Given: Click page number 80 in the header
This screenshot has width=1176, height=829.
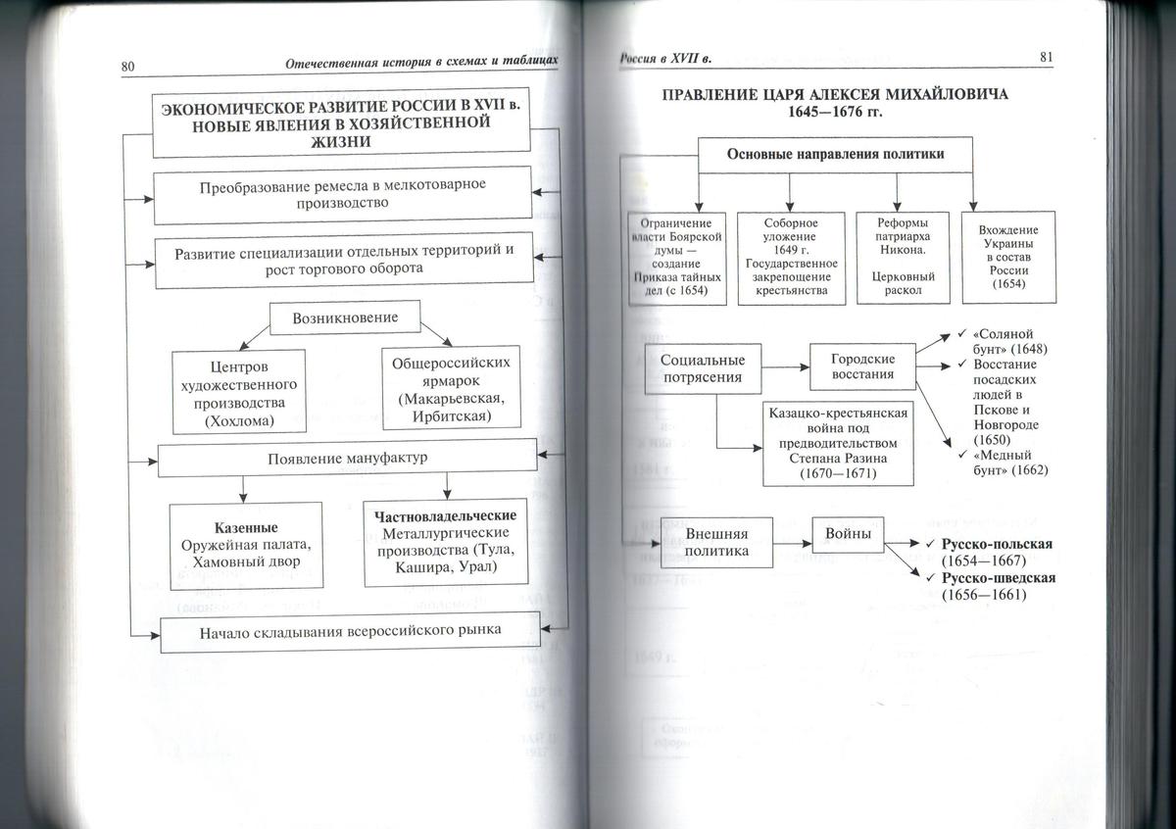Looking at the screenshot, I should tap(128, 67).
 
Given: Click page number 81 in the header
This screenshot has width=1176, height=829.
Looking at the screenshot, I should tap(1046, 58).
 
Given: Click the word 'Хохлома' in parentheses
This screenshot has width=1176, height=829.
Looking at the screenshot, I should tap(240, 421).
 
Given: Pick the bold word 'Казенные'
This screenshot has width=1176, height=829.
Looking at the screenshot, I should tap(246, 527).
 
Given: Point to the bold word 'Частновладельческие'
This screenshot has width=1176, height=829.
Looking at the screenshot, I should tap(445, 514).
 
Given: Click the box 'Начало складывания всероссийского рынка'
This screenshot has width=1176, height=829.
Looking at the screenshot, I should tap(350, 630).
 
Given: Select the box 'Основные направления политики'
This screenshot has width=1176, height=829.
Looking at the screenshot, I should tap(835, 154).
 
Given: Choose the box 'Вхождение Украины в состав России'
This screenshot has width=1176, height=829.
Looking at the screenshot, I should tap(1007, 257).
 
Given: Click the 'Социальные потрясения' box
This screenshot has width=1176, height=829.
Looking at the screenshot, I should tap(703, 368).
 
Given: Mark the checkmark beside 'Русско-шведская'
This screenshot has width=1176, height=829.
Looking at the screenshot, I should tap(932, 578).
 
